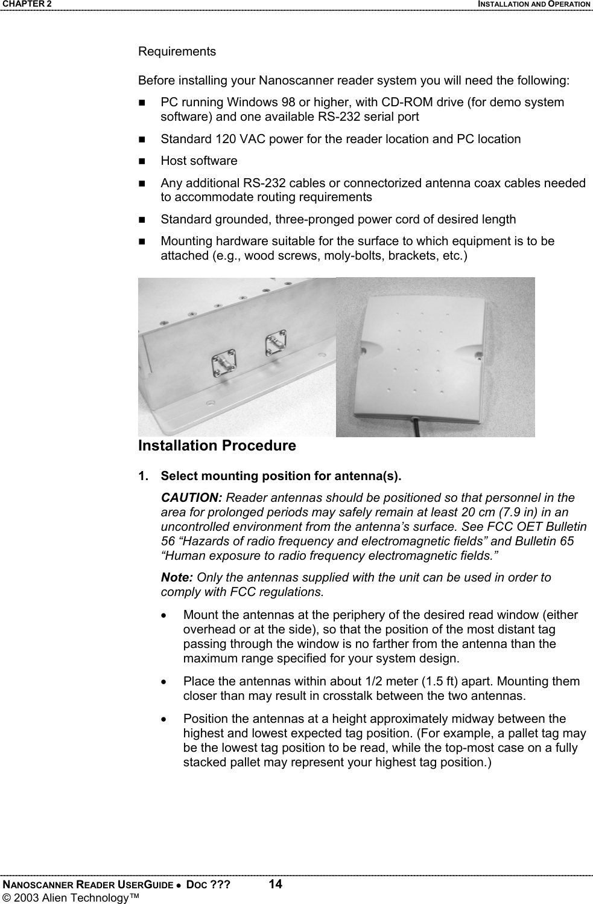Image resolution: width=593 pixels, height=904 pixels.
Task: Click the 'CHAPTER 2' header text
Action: point(26,4)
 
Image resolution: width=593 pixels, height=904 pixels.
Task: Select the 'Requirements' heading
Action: point(177,51)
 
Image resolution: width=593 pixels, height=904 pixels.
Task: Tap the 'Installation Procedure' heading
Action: point(217,446)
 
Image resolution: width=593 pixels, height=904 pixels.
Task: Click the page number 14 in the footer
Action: point(275,885)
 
